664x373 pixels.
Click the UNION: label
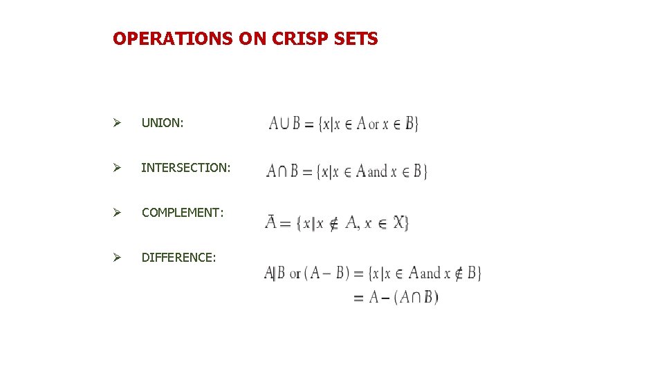pyautogui.click(x=163, y=123)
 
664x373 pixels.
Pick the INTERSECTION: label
pyautogui.click(x=186, y=168)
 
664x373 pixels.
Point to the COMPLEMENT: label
pyautogui.click(x=183, y=213)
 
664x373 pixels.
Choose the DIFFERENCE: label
pyautogui.click(x=178, y=258)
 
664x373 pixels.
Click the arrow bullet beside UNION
pyautogui.click(x=118, y=123)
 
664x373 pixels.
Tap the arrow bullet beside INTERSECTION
pyautogui.click(x=118, y=168)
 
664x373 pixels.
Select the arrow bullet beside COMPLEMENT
pyautogui.click(x=118, y=213)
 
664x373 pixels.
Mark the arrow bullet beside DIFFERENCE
pyautogui.click(x=118, y=258)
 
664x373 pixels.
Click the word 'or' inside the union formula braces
pyautogui.click(x=374, y=125)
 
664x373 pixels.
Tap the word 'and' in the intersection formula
pyautogui.click(x=378, y=171)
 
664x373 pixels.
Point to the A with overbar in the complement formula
pyautogui.click(x=272, y=222)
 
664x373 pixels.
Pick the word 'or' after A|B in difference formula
pyautogui.click(x=295, y=274)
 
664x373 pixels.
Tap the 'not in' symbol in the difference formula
pyautogui.click(x=457, y=274)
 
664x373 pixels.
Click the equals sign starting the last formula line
pyautogui.click(x=358, y=298)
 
